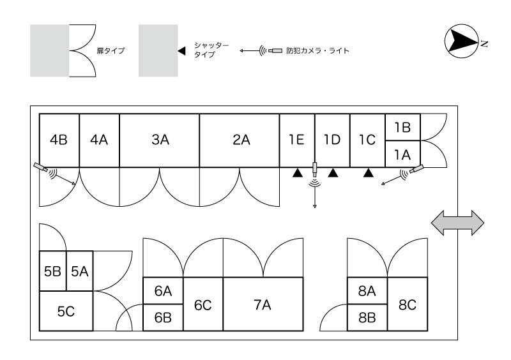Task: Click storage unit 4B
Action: [59, 140]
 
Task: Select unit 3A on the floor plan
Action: [160, 140]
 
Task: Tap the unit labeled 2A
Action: [240, 140]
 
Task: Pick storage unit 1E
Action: [296, 140]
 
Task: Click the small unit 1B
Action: [402, 128]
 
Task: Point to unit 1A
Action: [402, 154]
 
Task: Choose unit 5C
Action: [66, 311]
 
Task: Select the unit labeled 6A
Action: [163, 291]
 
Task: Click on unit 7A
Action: [263, 305]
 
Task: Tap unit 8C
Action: [408, 305]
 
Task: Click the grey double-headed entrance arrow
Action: [458, 223]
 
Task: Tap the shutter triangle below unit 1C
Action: [367, 172]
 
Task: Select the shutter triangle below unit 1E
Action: [297, 172]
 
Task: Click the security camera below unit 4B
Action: [41, 167]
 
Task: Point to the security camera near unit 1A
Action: [416, 170]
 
